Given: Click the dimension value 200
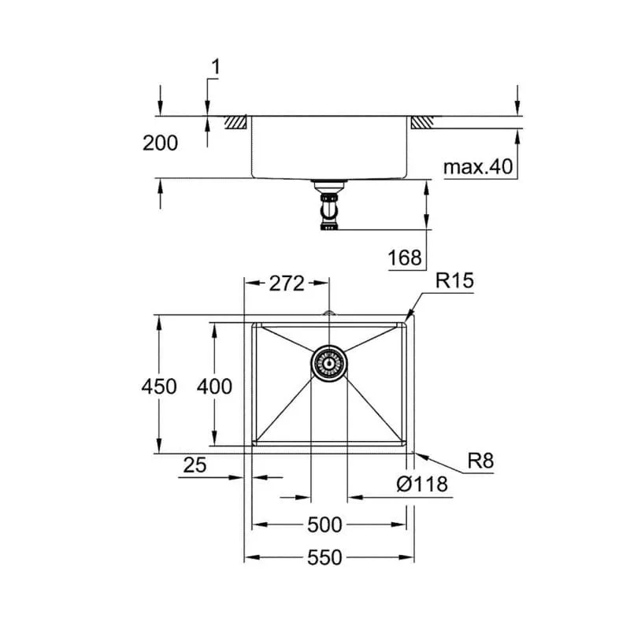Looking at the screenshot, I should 161,143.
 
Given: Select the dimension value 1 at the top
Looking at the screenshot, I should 215,67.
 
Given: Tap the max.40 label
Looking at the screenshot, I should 477,167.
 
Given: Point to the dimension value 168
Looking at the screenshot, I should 406,257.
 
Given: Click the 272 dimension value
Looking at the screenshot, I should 287,283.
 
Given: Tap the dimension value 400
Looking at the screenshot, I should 215,386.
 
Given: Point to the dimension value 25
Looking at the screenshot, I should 195,465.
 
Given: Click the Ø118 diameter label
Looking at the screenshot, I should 422,484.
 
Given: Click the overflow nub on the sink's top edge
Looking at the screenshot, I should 329,316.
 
